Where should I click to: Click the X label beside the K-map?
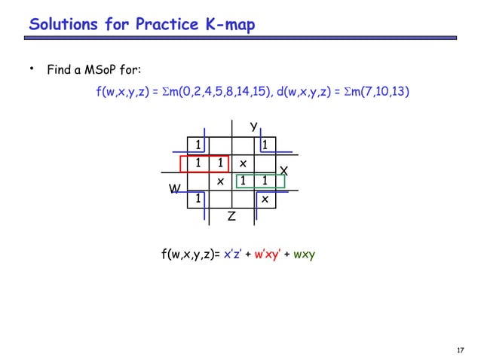[283, 172]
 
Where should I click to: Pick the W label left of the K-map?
[174, 188]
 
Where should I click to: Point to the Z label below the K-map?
[231, 218]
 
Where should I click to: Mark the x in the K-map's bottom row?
[265, 200]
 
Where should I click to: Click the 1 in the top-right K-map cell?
[265, 144]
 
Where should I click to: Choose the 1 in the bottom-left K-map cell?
[198, 200]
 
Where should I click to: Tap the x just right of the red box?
[242, 163]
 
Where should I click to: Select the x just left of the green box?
[220, 182]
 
